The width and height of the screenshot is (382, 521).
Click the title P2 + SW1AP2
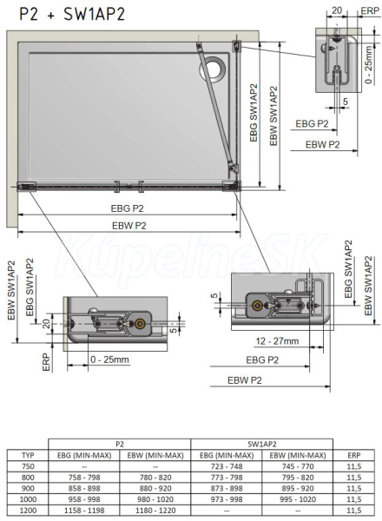(72, 15)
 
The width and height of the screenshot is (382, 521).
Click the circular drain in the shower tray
(212, 69)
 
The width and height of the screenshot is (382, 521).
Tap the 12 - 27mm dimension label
(277, 341)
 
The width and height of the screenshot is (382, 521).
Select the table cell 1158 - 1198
(84, 510)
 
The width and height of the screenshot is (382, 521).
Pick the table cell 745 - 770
(298, 466)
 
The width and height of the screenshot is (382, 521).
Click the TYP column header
(28, 455)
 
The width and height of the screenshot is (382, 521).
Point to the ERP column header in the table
(353, 455)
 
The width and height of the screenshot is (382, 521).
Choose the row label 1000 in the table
(28, 499)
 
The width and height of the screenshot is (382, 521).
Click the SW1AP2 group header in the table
(261, 444)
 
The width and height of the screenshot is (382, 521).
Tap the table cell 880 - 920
(155, 488)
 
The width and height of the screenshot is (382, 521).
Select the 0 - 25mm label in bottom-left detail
(109, 359)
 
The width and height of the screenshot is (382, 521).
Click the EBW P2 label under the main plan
(129, 226)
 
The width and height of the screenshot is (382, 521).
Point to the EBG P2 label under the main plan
(128, 208)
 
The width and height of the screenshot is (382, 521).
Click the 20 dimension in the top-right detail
(337, 10)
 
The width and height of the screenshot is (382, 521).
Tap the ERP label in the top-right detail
(370, 10)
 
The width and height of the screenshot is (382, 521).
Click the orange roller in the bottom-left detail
(139, 323)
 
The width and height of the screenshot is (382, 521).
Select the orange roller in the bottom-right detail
(257, 306)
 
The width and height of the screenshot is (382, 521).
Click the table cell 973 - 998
(227, 499)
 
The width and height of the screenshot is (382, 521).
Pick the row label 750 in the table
(28, 466)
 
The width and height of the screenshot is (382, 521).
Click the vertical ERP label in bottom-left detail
(47, 362)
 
